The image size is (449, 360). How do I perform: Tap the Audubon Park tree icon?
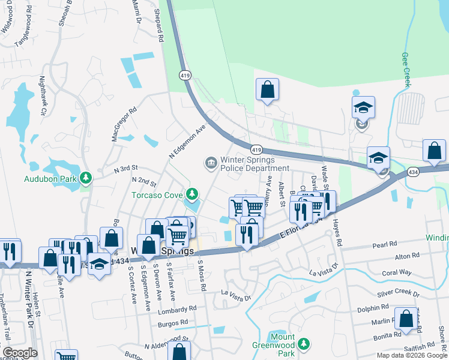point(86,178)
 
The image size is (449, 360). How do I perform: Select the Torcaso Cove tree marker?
point(191,194)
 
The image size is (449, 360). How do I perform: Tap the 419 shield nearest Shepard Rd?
point(184,75)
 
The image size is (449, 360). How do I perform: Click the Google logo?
point(20,353)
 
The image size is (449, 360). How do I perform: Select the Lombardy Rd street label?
point(177,310)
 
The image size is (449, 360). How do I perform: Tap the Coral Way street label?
point(396,272)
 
